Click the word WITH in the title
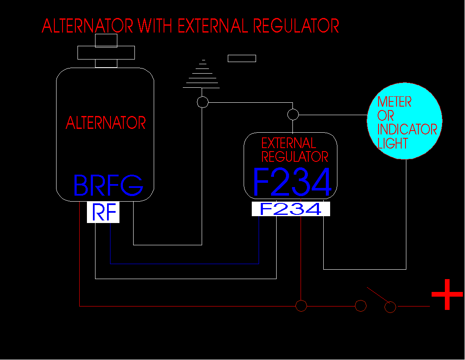[x=155, y=26]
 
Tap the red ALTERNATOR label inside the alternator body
[x=106, y=123]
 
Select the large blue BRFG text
[x=108, y=185]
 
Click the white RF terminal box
[x=103, y=212]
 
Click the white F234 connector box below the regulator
[x=291, y=209]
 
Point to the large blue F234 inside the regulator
[x=292, y=182]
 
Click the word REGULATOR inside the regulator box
[x=295, y=157]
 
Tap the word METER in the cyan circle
[x=394, y=102]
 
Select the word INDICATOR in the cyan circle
[x=407, y=129]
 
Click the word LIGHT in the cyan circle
[x=393, y=143]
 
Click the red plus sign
[x=447, y=294]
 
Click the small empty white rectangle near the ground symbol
[x=242, y=58]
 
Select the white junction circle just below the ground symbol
[x=203, y=102]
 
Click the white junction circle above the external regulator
[x=293, y=114]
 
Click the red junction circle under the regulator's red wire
[x=301, y=306]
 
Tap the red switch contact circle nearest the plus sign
[x=390, y=307]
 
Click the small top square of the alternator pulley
[x=106, y=41]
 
